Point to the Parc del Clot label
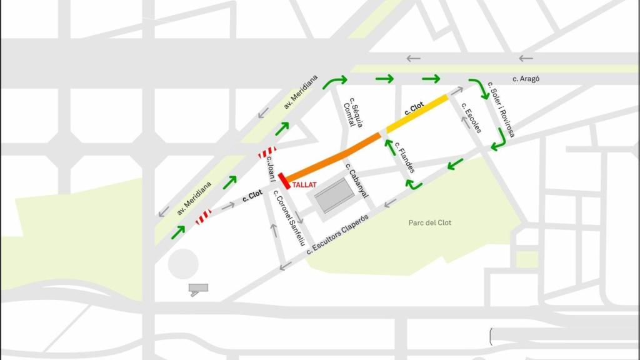(430, 222)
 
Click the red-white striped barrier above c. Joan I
(267, 152)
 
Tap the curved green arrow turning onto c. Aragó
(336, 81)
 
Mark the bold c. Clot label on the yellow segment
(414, 107)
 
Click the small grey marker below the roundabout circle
(198, 289)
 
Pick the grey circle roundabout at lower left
(182, 264)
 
